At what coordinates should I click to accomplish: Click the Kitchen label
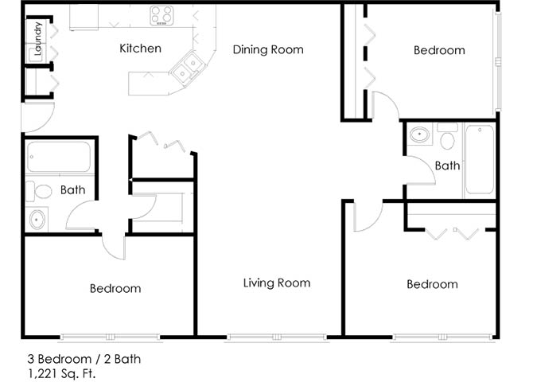tap(140, 49)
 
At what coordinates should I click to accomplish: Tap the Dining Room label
tap(268, 49)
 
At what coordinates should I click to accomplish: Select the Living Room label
tap(277, 283)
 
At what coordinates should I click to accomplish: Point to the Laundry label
tap(37, 39)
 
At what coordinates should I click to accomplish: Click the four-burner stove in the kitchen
tap(161, 16)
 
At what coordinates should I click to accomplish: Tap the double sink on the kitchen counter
tap(187, 68)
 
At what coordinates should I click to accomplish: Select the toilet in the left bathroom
tap(39, 191)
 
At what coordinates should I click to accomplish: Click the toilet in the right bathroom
tap(447, 137)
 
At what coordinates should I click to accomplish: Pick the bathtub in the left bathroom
tap(59, 157)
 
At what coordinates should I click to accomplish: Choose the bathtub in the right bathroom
tap(480, 159)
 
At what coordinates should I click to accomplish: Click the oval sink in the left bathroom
tap(37, 220)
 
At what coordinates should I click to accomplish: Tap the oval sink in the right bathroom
tap(420, 134)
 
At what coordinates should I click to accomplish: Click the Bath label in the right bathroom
tap(447, 166)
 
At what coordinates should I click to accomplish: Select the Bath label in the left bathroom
tap(72, 190)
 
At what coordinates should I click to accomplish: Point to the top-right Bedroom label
tap(439, 50)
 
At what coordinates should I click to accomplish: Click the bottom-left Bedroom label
tap(115, 288)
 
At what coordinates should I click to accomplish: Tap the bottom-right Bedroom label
tap(433, 284)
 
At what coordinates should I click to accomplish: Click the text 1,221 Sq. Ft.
tap(61, 374)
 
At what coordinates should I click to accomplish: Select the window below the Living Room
tap(277, 337)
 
